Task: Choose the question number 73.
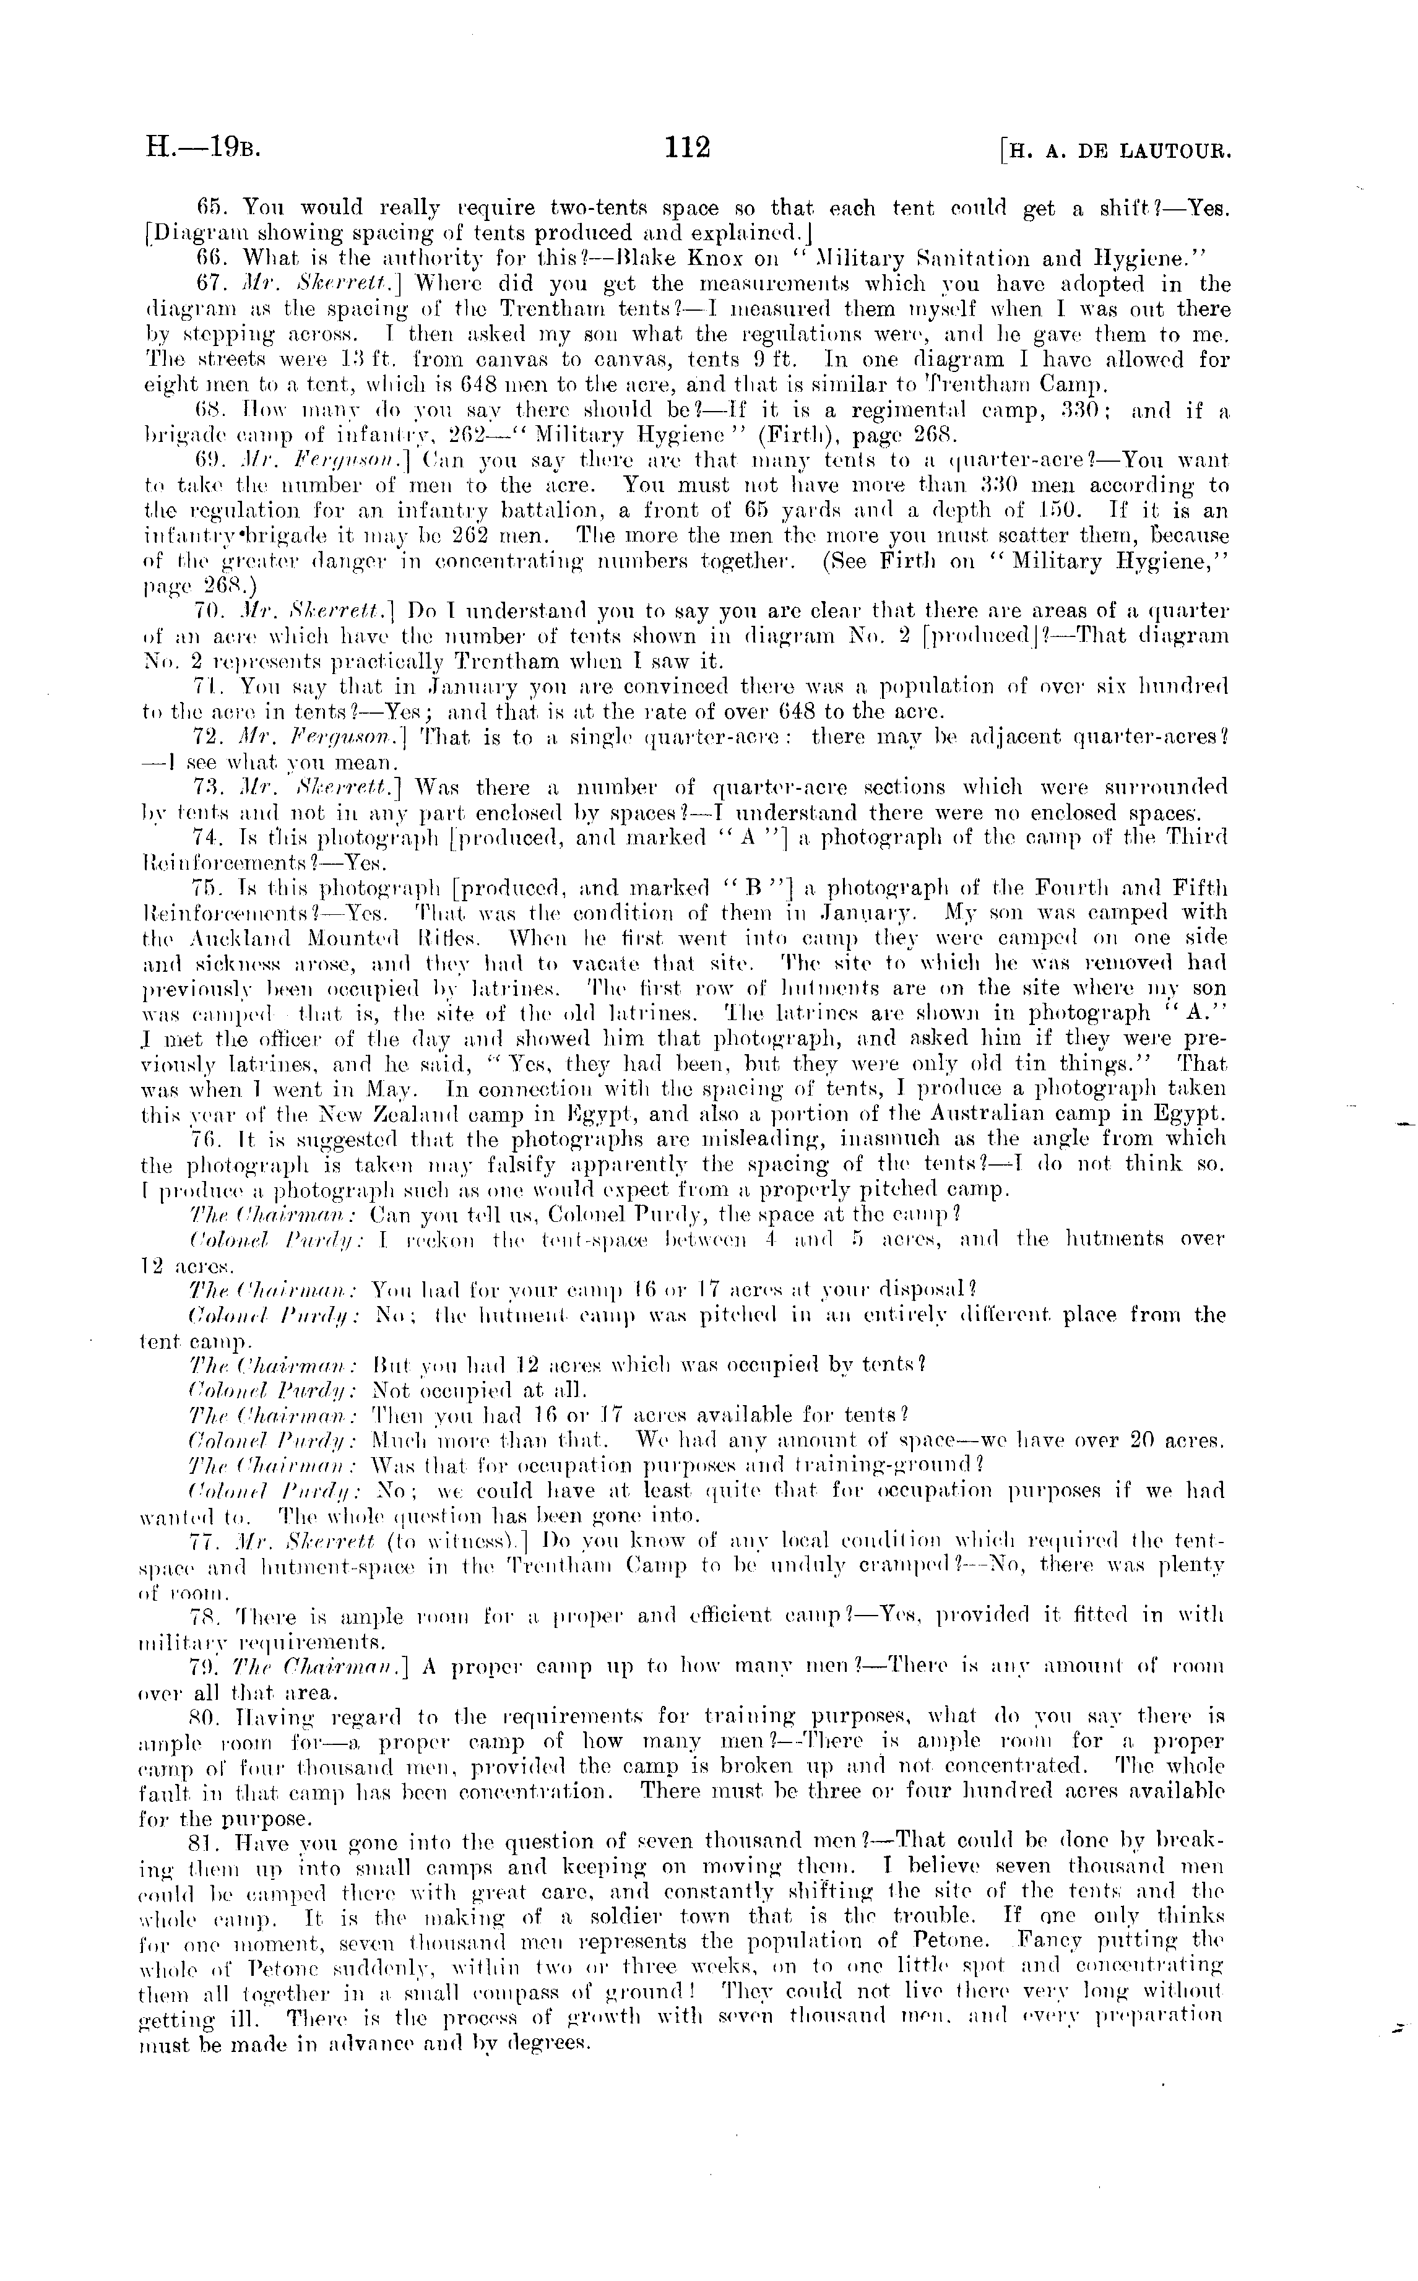coord(206,785)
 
